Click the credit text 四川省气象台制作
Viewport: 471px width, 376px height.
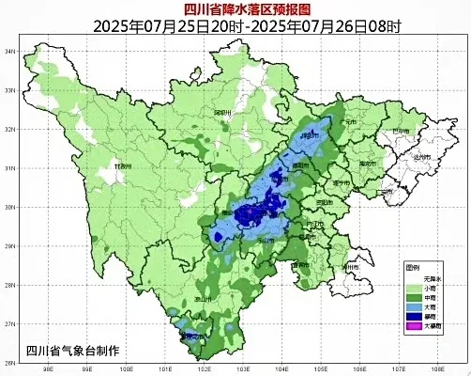73,350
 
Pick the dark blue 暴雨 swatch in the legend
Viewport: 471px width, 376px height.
412,317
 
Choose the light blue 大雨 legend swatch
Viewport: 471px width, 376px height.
412,306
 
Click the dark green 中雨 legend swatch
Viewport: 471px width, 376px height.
412,296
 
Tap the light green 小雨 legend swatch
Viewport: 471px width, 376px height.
412,286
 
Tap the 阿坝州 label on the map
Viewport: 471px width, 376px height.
221,113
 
